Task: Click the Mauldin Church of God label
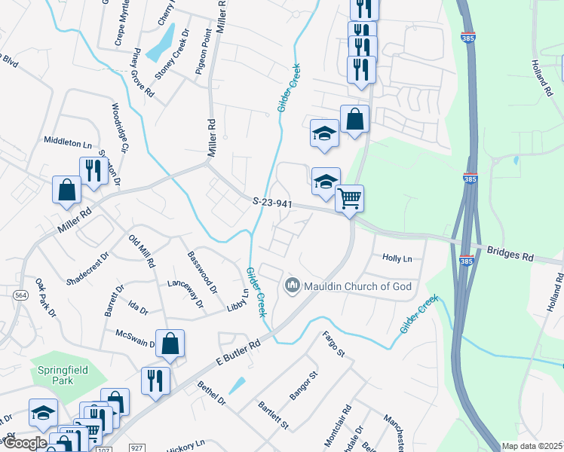coord(354,286)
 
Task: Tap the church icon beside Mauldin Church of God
coord(292,286)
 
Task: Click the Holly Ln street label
coord(397,258)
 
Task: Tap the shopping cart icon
coord(349,199)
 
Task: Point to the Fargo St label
coord(333,344)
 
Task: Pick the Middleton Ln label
coord(67,141)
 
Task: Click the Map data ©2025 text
coord(532,446)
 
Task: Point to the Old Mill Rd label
coord(142,252)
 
